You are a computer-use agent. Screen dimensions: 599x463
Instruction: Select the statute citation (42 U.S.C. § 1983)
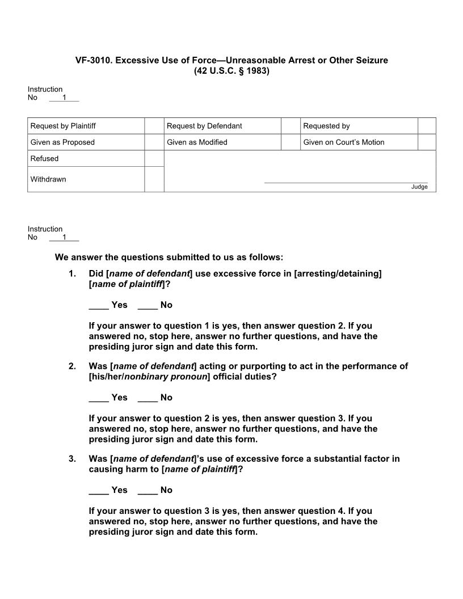point(231,71)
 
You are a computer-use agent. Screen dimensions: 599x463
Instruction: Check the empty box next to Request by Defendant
point(290,126)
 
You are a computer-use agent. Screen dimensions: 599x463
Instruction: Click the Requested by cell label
point(326,126)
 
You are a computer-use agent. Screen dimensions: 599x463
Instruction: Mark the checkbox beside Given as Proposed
point(154,142)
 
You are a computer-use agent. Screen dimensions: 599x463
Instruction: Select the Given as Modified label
point(197,142)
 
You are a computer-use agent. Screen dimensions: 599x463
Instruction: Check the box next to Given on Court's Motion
point(427,142)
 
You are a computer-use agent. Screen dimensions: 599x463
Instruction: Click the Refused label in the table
point(44,159)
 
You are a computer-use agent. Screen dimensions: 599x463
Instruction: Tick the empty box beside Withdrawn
point(154,179)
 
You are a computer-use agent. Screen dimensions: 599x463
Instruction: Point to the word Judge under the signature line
point(419,187)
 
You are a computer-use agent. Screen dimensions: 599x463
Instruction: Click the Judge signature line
point(346,182)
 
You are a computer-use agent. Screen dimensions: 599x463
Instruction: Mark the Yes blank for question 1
point(99,306)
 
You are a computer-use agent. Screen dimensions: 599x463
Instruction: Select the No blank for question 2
point(148,398)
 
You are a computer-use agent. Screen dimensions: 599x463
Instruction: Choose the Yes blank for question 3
point(99,491)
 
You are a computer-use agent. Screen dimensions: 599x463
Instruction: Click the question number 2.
point(72,366)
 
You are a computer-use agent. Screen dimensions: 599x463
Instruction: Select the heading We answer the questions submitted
point(169,258)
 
